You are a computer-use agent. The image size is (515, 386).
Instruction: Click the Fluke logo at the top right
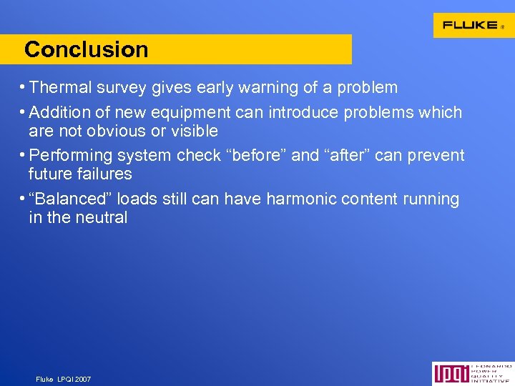coord(473,25)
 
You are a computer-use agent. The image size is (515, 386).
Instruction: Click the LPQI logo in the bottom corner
coord(473,373)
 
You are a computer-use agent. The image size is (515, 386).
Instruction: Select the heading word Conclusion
coord(86,50)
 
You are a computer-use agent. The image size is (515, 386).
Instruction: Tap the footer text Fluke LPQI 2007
coord(64,379)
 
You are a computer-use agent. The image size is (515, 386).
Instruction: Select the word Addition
coord(60,113)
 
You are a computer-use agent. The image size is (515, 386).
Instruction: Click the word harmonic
coord(300,199)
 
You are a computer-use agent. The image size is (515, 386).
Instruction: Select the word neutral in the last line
coord(101,217)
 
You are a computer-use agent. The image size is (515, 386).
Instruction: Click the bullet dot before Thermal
coord(24,88)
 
